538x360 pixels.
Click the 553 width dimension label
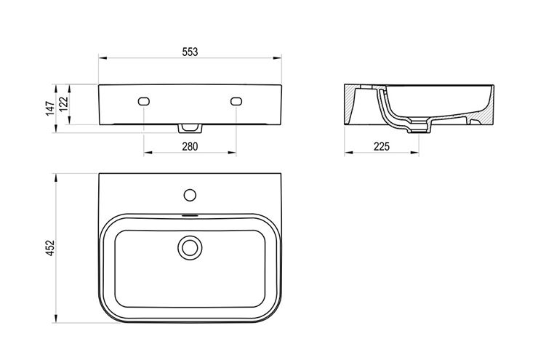point(190,52)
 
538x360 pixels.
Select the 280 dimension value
point(190,146)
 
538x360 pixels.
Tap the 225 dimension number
point(382,146)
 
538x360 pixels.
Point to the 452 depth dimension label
point(50,248)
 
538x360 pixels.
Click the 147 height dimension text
point(50,108)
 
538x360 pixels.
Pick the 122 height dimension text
point(63,104)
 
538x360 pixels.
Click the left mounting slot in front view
point(144,101)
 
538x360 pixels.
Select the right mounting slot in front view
point(236,101)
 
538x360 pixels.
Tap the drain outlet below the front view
point(190,128)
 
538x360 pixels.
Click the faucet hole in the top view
point(190,195)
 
